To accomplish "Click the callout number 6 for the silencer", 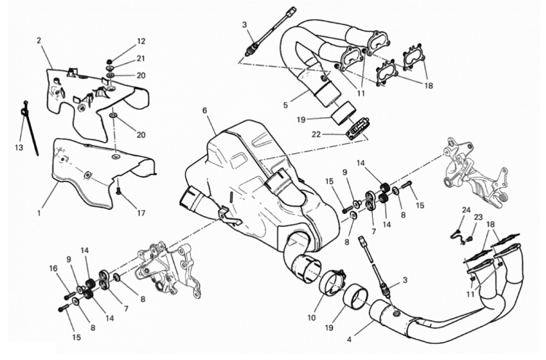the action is [204, 111].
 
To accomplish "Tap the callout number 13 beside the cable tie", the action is [19, 148].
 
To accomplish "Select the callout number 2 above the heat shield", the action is [39, 40].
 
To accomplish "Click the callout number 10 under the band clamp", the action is [311, 317].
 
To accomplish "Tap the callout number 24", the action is [466, 210].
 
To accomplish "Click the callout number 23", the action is [478, 217].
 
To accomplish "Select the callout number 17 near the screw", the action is [141, 213].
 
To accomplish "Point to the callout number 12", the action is [141, 41].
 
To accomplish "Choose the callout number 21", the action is [140, 59].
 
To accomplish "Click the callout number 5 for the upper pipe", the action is [285, 105].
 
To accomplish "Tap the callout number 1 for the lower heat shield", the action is [39, 212].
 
